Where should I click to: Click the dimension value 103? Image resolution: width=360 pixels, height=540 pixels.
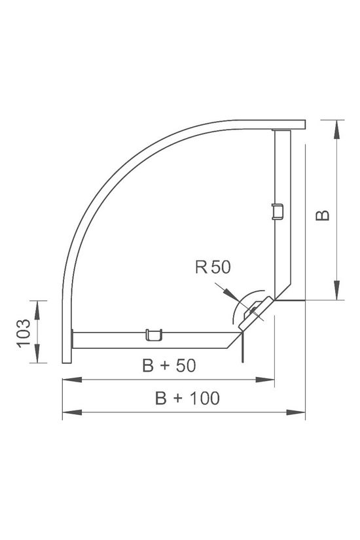[24, 332]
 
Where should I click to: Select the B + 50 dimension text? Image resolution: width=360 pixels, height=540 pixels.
[169, 367]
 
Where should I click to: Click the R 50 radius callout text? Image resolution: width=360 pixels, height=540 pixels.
[213, 266]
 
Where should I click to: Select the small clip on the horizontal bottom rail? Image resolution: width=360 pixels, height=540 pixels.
[153, 335]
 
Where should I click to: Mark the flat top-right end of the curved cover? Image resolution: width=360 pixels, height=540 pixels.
[288, 124]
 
